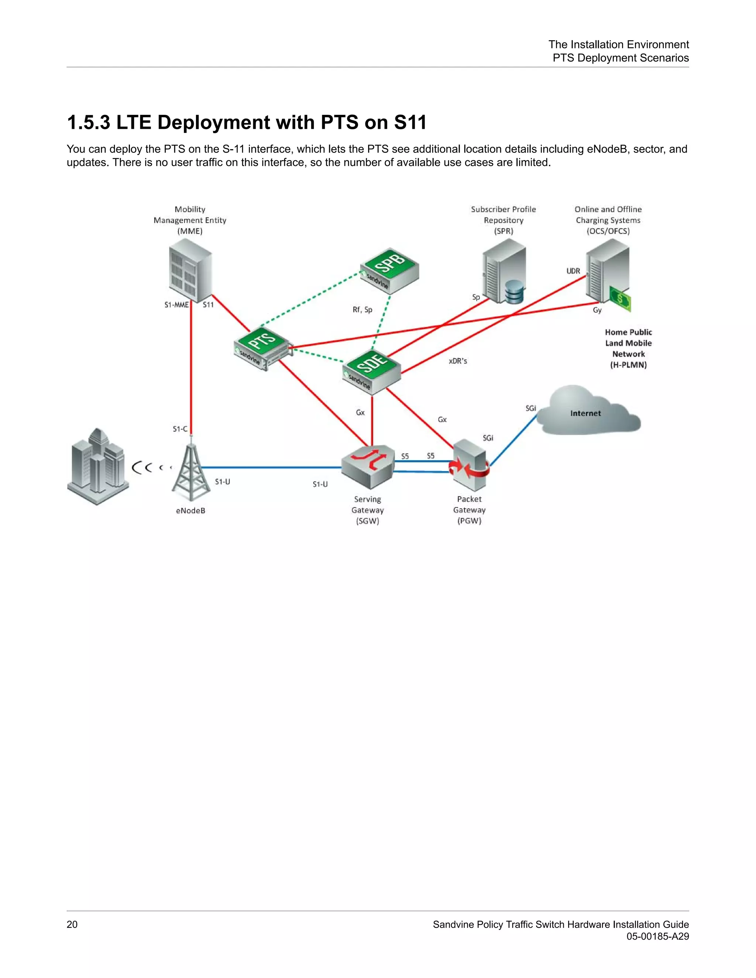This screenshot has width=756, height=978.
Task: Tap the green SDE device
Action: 372,370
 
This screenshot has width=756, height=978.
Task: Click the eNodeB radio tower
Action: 191,470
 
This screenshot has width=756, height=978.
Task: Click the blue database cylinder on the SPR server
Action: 514,292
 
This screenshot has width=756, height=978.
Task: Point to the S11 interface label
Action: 208,305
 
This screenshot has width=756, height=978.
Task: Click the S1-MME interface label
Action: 176,305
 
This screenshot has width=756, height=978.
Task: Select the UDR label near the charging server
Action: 573,271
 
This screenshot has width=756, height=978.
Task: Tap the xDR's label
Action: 458,361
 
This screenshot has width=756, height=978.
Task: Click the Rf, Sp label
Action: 362,309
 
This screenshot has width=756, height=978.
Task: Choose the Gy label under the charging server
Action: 597,310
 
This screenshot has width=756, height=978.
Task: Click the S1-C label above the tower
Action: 180,429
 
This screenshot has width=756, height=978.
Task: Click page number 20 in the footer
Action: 72,924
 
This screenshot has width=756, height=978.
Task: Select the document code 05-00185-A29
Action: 657,936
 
